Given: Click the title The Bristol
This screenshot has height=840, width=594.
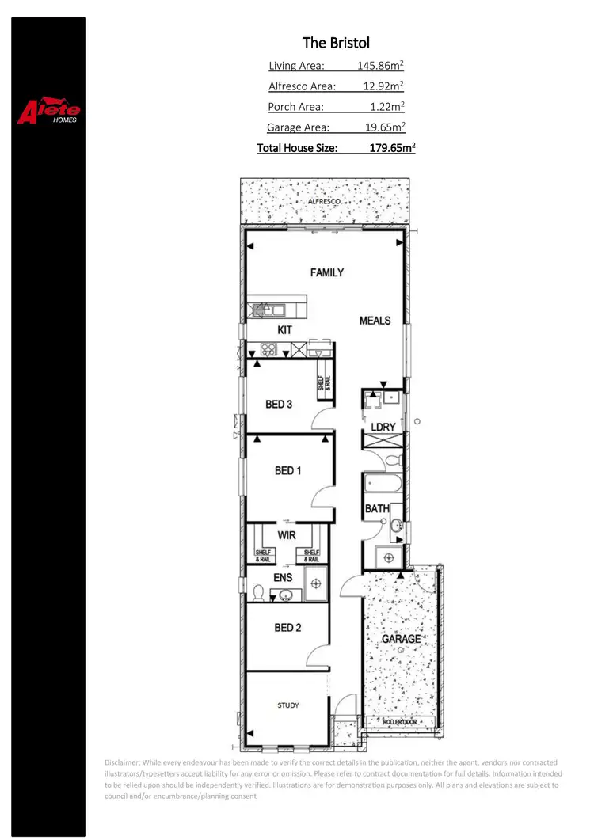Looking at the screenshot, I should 336,43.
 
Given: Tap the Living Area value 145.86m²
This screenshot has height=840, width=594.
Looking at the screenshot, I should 380,66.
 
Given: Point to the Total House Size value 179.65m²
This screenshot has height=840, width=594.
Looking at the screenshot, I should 392,147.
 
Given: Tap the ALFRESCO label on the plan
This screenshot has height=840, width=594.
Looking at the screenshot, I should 324,203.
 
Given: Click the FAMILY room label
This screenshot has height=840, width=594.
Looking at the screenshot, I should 327,272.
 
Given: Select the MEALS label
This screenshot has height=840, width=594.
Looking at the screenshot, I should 375,321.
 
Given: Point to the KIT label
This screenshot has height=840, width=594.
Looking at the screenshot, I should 285,329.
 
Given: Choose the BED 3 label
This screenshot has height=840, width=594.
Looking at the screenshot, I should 279,405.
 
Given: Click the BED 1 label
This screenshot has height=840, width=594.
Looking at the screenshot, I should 287,470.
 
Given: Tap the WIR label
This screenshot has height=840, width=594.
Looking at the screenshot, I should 286,535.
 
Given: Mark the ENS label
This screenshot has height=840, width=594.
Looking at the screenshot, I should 283,578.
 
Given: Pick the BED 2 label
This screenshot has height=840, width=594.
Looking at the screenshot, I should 287,628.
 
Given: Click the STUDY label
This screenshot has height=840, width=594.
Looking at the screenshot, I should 288,705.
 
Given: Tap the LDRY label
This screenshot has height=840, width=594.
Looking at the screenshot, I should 383,428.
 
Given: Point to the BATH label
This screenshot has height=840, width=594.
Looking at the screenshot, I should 376,508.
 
